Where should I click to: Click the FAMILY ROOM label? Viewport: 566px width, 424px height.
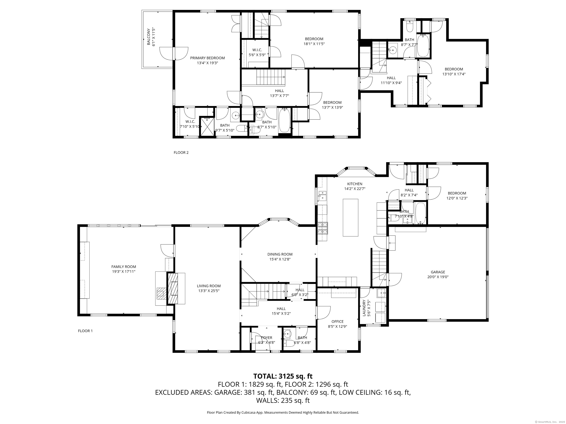[x=124, y=267]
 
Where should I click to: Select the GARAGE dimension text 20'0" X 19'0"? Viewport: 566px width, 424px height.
[x=438, y=277]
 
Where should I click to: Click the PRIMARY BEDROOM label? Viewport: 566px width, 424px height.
[x=207, y=58]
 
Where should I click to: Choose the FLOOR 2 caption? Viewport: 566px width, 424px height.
[x=181, y=153]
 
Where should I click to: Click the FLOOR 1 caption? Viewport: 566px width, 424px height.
[x=85, y=331]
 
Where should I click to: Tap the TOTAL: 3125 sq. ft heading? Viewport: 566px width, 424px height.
[x=283, y=376]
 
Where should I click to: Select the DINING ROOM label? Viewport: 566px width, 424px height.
[x=280, y=254]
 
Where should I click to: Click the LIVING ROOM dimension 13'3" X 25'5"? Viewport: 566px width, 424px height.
[x=209, y=291]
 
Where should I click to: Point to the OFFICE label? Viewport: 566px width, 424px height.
[x=338, y=321]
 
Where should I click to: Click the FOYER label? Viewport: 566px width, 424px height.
[x=267, y=338]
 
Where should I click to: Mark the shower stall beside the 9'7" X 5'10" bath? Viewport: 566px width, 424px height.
[x=207, y=127]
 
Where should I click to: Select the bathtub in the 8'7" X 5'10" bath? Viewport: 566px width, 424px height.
[x=284, y=120]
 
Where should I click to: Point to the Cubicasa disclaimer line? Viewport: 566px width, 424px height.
[x=283, y=413]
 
